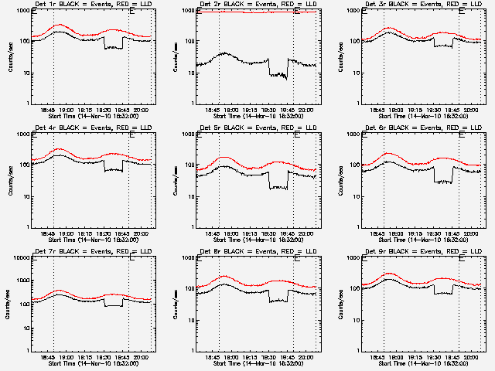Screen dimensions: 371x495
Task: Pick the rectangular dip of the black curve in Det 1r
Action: pos(113,48)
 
